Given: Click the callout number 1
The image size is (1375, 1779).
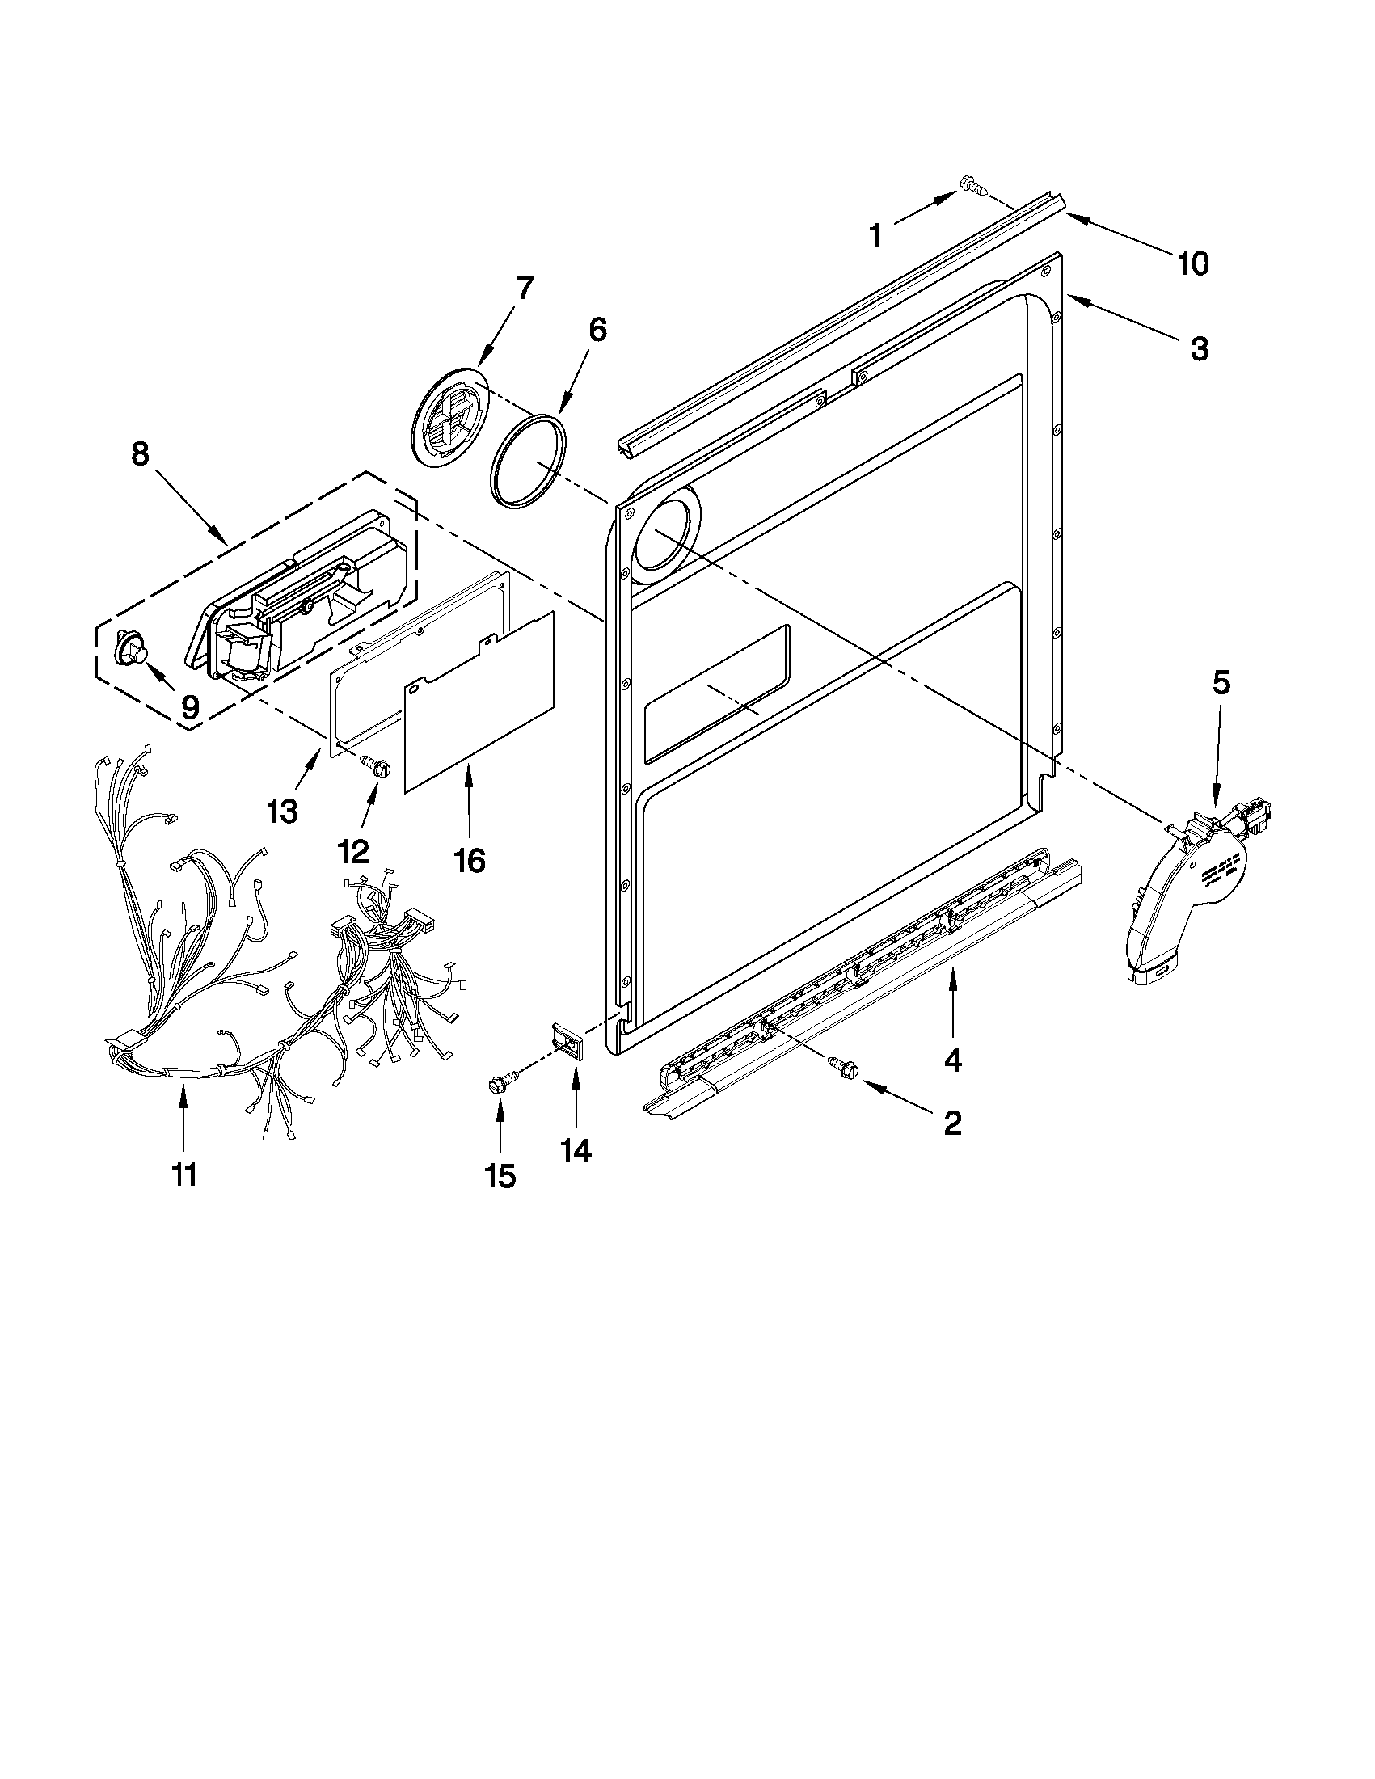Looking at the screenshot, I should click(x=875, y=236).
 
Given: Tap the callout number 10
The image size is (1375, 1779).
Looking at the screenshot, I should click(x=1192, y=264).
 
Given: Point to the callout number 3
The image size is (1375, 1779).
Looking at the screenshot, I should click(x=1199, y=348).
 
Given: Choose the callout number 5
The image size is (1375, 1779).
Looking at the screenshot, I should click(x=1221, y=683).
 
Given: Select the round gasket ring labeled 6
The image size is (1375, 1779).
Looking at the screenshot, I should click(x=529, y=462).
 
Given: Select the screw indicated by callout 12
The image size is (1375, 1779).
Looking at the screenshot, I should click(x=375, y=763).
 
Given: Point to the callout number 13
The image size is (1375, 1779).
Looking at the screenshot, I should click(x=283, y=812).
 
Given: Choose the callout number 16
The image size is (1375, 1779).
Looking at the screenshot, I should click(x=469, y=859).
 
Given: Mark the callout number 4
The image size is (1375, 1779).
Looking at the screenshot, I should click(x=952, y=1060).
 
